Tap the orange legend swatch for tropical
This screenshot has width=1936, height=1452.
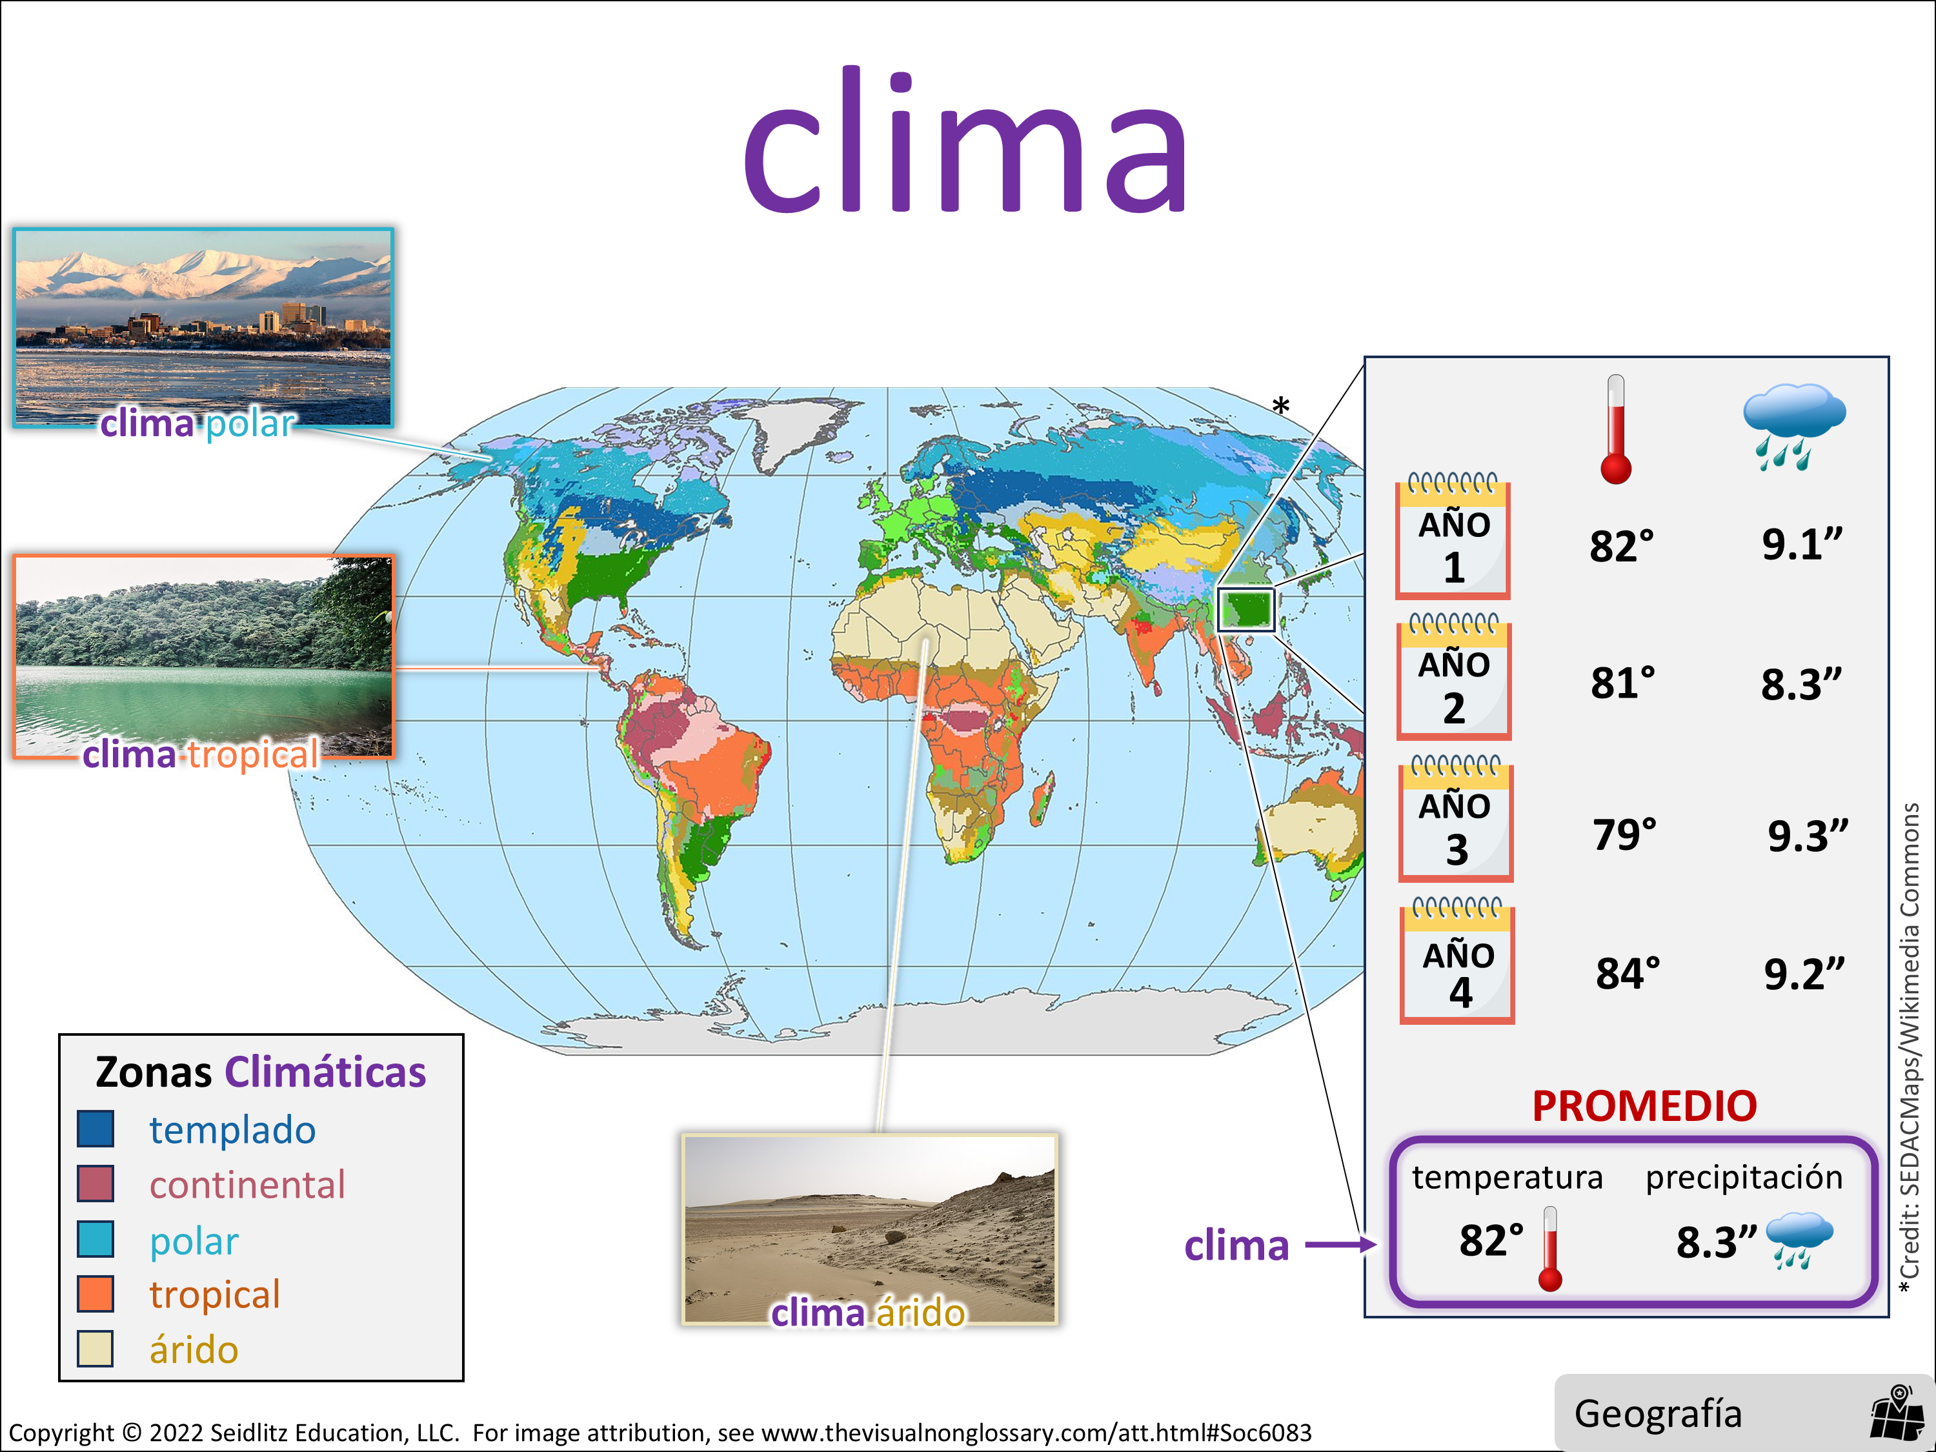[96, 1294]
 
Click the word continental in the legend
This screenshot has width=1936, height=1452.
[248, 1185]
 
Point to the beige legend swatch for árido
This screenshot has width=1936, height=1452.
[96, 1349]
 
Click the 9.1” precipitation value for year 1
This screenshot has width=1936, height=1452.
[1802, 545]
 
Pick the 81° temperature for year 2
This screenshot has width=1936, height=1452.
[1622, 683]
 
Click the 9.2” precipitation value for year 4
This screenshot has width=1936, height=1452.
[1804, 974]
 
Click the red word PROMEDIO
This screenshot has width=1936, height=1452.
[1644, 1105]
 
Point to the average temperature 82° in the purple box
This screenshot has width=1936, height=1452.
[1491, 1240]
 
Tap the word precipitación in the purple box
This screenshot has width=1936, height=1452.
[1744, 1178]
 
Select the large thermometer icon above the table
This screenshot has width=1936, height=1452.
[1616, 429]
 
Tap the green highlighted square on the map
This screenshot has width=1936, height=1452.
[1246, 609]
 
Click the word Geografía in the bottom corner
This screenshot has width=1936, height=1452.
[1658, 1413]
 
